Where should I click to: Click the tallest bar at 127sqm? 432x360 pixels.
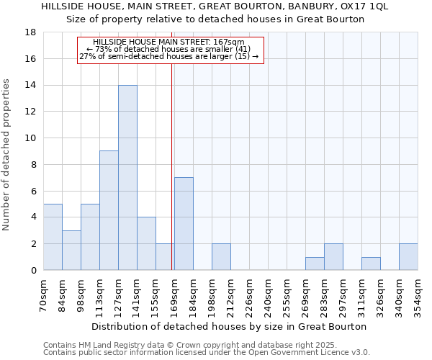point(127,178)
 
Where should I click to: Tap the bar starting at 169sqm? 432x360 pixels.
point(184,223)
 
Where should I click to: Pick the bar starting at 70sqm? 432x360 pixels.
point(53,237)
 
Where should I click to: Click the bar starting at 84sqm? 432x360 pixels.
point(71,250)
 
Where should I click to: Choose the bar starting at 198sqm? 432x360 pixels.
point(221,256)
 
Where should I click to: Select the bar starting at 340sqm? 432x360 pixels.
point(408,256)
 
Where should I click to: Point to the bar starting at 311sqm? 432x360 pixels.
point(371,263)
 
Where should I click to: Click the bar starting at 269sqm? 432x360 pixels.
point(315,263)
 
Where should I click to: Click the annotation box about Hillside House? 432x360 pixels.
point(171,49)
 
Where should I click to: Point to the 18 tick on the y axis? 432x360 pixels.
point(31,32)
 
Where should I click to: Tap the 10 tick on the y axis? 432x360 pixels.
point(31,138)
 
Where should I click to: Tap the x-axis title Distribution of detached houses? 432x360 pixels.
point(230,326)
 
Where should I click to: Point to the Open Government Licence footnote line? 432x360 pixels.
point(206,353)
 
